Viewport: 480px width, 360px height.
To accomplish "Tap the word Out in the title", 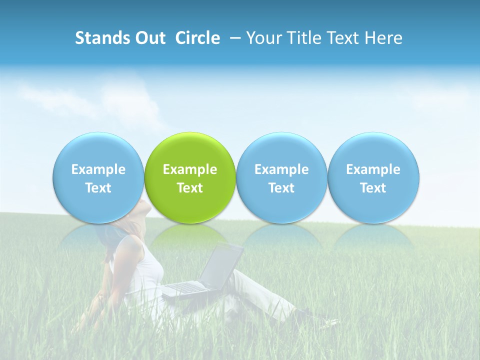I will click(149, 38).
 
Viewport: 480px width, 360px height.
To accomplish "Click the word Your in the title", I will click(263, 38).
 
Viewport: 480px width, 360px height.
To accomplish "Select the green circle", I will click(190, 155).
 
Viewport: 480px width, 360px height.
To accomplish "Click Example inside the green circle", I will click(190, 169).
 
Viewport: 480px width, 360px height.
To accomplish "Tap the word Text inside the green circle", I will click(190, 188).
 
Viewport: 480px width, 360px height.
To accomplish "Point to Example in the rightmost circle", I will click(373, 169).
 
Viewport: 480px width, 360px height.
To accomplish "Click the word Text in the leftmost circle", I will click(98, 188).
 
